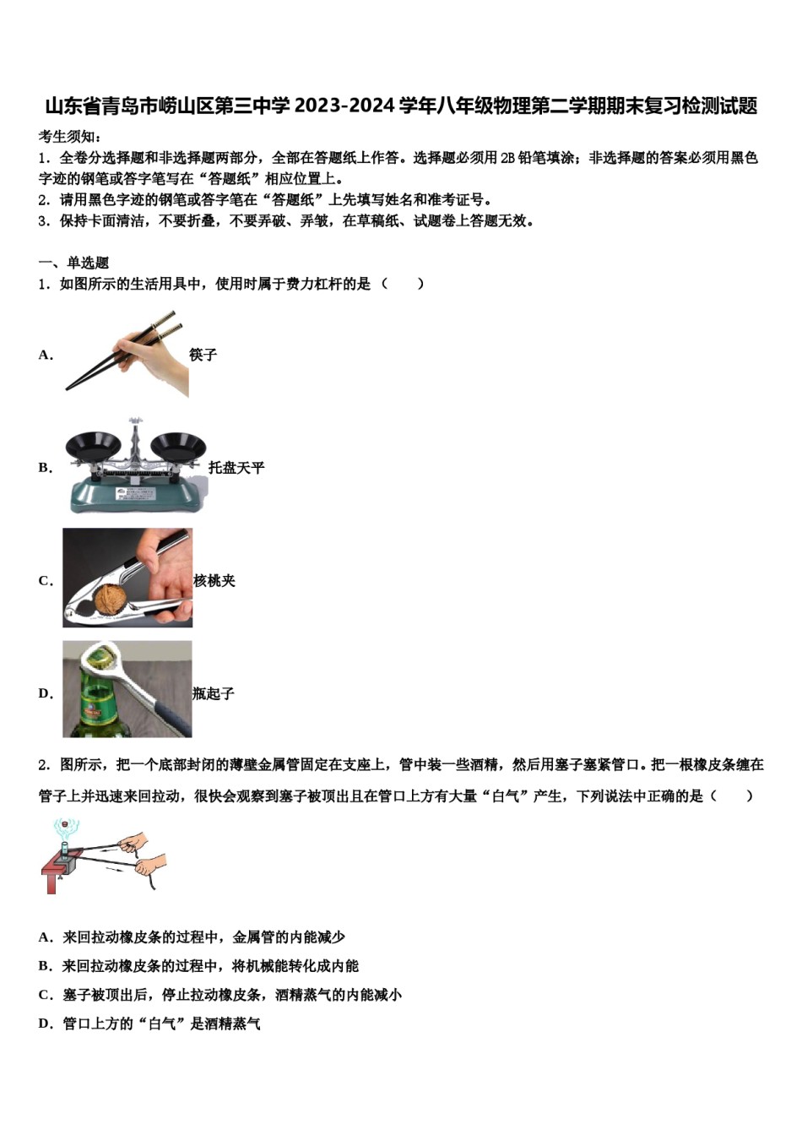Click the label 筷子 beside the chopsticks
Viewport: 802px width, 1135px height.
click(x=203, y=355)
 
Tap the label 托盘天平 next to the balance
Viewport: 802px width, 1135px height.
click(x=236, y=468)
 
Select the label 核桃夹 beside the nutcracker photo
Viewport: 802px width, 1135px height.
click(x=214, y=581)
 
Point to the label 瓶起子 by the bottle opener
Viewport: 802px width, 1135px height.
click(x=213, y=694)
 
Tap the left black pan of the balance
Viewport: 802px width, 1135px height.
click(x=94, y=444)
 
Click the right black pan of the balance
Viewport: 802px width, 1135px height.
click(x=179, y=444)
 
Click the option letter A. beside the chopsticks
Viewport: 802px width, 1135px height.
click(x=46, y=355)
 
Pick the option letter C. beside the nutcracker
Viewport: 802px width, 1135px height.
click(x=46, y=581)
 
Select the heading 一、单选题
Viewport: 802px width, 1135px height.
click(x=73, y=263)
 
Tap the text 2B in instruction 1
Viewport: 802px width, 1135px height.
click(x=507, y=158)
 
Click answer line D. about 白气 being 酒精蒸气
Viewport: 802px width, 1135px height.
click(x=149, y=1024)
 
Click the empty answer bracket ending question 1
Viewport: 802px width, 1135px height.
click(x=403, y=285)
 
